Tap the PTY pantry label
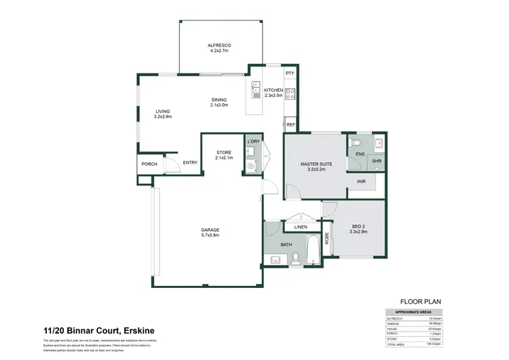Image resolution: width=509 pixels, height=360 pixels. tap(290, 73)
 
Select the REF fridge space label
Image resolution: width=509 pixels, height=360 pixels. tap(290, 125)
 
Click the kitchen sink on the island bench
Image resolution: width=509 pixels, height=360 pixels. tap(256, 88)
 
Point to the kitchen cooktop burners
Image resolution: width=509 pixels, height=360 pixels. tap(290, 94)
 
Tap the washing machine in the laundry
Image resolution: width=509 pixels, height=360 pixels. tap(250, 165)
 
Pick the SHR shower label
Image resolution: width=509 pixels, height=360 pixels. tap(377, 161)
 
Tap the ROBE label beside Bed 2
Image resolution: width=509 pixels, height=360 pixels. tap(326, 238)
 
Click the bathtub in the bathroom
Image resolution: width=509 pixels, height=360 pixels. tap(312, 250)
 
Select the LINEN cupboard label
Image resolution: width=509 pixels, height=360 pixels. tap(301, 226)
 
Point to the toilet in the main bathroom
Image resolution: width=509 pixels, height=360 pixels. tap(296, 258)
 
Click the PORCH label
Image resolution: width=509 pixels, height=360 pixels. tap(149, 164)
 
